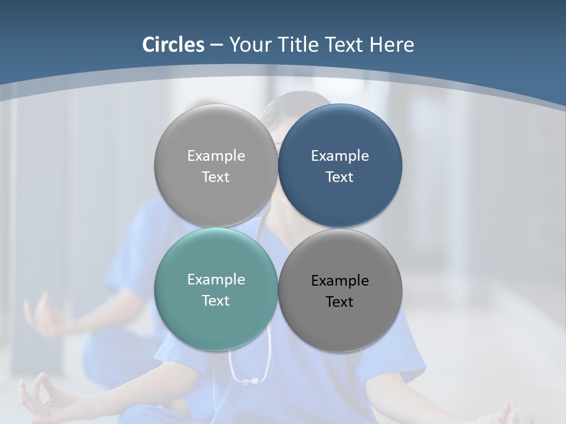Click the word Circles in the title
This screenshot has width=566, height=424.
pos(173,45)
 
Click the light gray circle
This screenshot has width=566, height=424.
pos(216,165)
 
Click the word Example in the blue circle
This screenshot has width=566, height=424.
pos(340,156)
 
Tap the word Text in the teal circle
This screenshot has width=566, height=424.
pos(215,301)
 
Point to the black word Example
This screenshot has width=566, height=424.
pos(340,281)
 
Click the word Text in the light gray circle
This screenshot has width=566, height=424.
pos(215,177)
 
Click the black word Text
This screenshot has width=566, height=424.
pos(339,302)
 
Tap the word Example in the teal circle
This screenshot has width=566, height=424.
pos(216,280)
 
